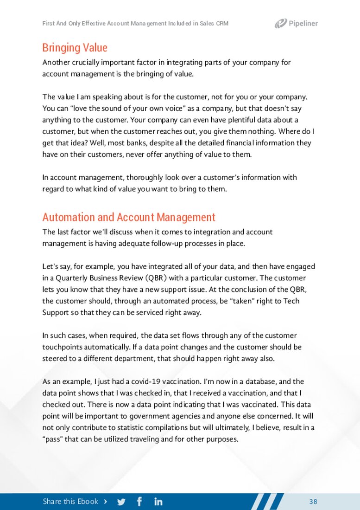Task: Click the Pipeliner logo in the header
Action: (x=296, y=23)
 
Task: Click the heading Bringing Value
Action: (x=75, y=48)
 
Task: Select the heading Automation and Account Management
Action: (x=129, y=217)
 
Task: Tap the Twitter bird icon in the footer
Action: (x=121, y=502)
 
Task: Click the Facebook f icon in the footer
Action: (x=139, y=502)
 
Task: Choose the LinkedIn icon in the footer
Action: (x=158, y=502)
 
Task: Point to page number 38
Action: (x=313, y=502)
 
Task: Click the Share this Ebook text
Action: (x=70, y=502)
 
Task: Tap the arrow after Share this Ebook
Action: (x=106, y=502)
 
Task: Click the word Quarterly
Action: (x=70, y=278)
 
